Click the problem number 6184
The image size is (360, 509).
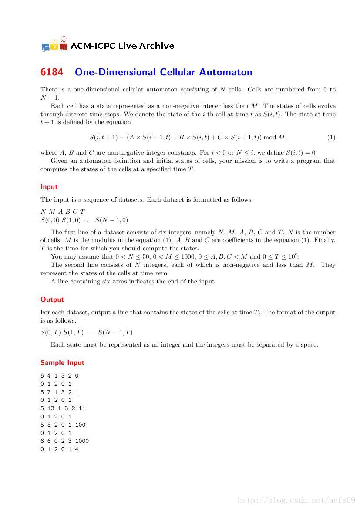(52, 72)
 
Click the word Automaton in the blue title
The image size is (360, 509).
(226, 72)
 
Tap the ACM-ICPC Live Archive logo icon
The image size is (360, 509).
(54, 45)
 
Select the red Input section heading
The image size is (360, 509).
(49, 187)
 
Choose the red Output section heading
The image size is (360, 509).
(52, 300)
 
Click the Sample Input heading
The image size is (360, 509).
(62, 363)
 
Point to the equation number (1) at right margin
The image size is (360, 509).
(331, 138)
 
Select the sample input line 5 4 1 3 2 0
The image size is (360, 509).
(60, 375)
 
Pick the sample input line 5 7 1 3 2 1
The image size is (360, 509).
(60, 392)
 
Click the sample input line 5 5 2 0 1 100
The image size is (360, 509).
(63, 425)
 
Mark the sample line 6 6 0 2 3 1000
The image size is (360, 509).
(65, 441)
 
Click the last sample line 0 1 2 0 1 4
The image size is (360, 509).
(60, 449)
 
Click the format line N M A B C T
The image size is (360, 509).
(63, 212)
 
